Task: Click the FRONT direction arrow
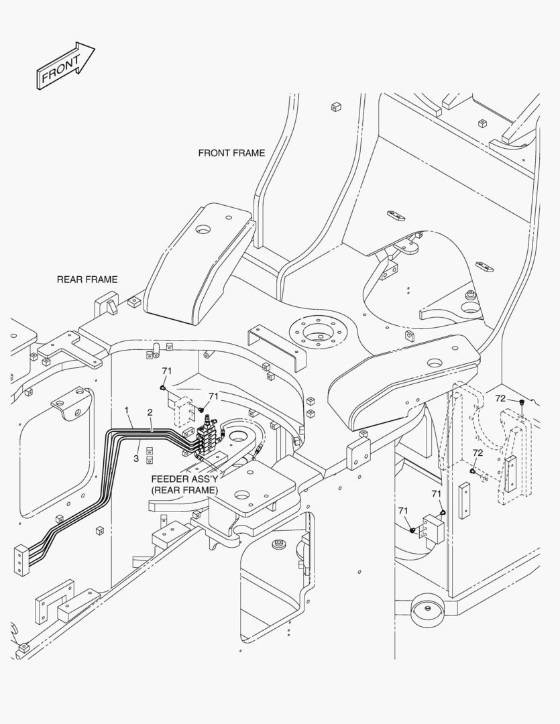coord(65,65)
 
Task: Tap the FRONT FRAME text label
coord(231,153)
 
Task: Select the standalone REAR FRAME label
coord(87,280)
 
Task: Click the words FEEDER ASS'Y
coord(184,479)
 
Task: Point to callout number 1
coord(126,410)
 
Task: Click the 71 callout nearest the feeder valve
coord(213,397)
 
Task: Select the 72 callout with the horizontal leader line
coord(500,398)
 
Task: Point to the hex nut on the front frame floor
coord(471,294)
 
